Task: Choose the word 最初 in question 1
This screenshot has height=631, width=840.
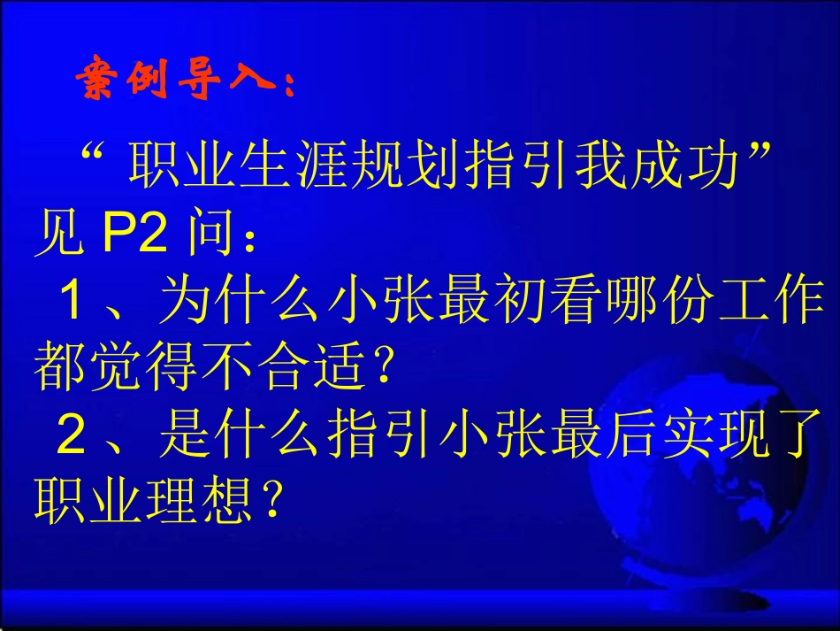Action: [x=498, y=304]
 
